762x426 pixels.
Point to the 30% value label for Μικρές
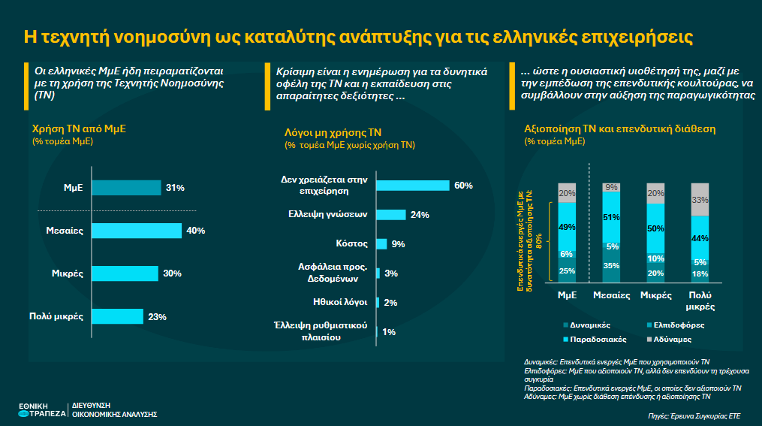point(173,273)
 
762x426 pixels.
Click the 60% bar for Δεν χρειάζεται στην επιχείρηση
point(412,186)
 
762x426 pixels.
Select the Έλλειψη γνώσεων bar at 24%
point(390,215)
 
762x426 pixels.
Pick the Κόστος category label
point(351,243)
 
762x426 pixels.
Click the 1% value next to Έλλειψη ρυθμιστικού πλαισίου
point(389,331)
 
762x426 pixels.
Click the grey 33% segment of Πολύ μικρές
point(699,200)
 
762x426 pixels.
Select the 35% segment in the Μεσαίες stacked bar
point(611,266)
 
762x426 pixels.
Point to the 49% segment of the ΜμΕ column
point(567,228)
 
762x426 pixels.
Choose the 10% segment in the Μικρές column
point(655,258)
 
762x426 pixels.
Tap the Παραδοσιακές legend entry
point(592,340)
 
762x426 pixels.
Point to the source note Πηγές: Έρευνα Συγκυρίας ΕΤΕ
point(694,415)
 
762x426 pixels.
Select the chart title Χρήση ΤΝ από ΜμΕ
point(78,128)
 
